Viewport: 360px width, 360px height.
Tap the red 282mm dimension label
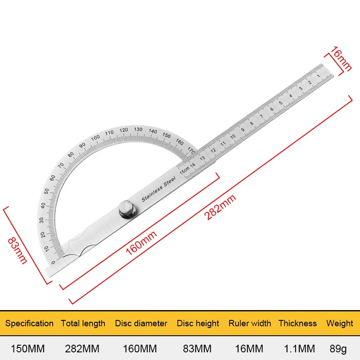point(220,207)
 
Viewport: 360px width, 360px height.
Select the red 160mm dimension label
point(141,243)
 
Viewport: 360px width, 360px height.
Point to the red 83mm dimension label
point(17,251)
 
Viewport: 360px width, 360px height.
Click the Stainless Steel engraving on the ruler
point(158,189)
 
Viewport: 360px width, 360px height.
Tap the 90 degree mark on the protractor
point(82,145)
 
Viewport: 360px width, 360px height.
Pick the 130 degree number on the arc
point(138,129)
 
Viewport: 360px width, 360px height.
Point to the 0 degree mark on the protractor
point(53,262)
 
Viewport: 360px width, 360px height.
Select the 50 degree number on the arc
point(47,191)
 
